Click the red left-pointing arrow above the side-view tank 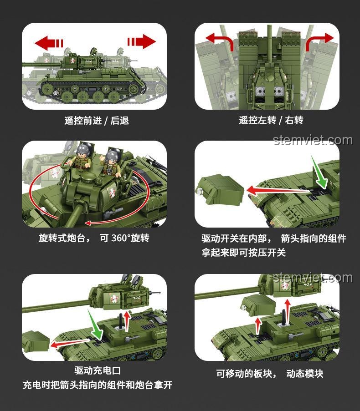pyautogui.click(x=49, y=43)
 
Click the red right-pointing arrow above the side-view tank pyautogui.click(x=142, y=41)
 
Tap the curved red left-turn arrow pyautogui.click(x=220, y=41)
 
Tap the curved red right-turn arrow pyautogui.click(x=319, y=41)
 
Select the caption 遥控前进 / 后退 pyautogui.click(x=97, y=121)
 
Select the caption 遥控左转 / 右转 pyautogui.click(x=271, y=120)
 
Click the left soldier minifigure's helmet pyautogui.click(x=84, y=149)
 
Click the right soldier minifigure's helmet pyautogui.click(x=113, y=155)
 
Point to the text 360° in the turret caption pyautogui.click(x=121, y=238)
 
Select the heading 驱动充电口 pyautogui.click(x=98, y=370)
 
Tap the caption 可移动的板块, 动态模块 pyautogui.click(x=269, y=374)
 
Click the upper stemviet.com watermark pyautogui.click(x=313, y=140)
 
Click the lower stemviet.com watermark pyautogui.click(x=313, y=278)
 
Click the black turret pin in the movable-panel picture pyautogui.click(x=283, y=318)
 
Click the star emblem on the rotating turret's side pyautogui.click(x=112, y=193)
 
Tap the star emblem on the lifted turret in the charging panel pyautogui.click(x=114, y=299)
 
